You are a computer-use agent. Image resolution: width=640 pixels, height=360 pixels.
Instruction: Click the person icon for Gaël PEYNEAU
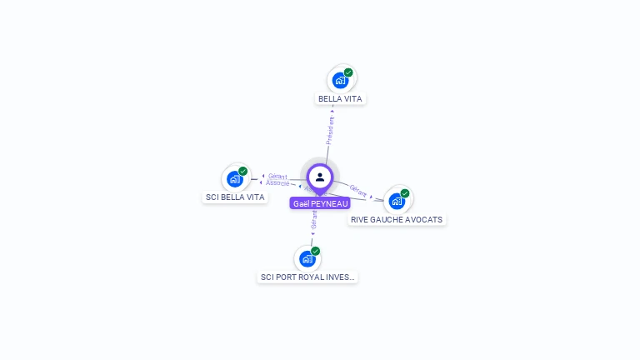(x=320, y=177)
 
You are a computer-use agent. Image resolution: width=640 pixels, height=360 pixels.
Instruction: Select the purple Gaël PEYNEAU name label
(x=320, y=203)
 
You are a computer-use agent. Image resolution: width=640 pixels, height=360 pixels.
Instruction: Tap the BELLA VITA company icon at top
(x=339, y=80)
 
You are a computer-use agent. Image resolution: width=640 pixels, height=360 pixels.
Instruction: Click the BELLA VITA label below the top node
(x=342, y=98)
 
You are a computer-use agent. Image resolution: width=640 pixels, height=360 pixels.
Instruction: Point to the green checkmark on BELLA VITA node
(x=348, y=72)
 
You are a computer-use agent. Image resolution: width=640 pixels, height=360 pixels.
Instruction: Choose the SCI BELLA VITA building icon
(x=235, y=178)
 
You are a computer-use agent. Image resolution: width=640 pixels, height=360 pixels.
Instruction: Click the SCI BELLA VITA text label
(x=235, y=197)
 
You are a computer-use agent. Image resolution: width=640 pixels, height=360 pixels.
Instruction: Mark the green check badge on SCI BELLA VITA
(x=243, y=171)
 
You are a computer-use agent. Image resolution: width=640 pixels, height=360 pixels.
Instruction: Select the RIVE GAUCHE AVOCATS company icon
(x=397, y=201)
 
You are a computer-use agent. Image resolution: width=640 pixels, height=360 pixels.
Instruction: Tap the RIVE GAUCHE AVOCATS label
(x=397, y=220)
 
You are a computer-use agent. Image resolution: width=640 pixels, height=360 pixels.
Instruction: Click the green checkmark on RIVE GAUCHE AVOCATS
(x=405, y=193)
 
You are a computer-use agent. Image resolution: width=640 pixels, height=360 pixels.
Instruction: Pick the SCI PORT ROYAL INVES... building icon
(x=307, y=258)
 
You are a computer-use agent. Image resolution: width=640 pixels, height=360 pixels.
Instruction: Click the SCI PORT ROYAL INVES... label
(x=307, y=277)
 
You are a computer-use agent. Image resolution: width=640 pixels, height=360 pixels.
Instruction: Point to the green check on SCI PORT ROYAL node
(x=316, y=251)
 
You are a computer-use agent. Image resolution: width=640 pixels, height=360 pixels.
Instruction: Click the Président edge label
(x=330, y=131)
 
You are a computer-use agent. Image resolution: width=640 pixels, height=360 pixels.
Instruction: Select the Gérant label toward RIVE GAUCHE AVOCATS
(x=358, y=190)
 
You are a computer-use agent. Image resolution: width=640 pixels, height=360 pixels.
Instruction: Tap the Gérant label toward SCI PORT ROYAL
(x=313, y=220)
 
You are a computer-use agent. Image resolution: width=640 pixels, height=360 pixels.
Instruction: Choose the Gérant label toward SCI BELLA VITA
(x=277, y=177)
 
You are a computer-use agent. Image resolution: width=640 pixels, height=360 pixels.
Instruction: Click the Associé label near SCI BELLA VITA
(x=277, y=182)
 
